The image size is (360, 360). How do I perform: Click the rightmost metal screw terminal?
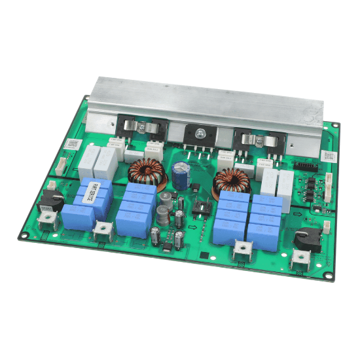(303, 259)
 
